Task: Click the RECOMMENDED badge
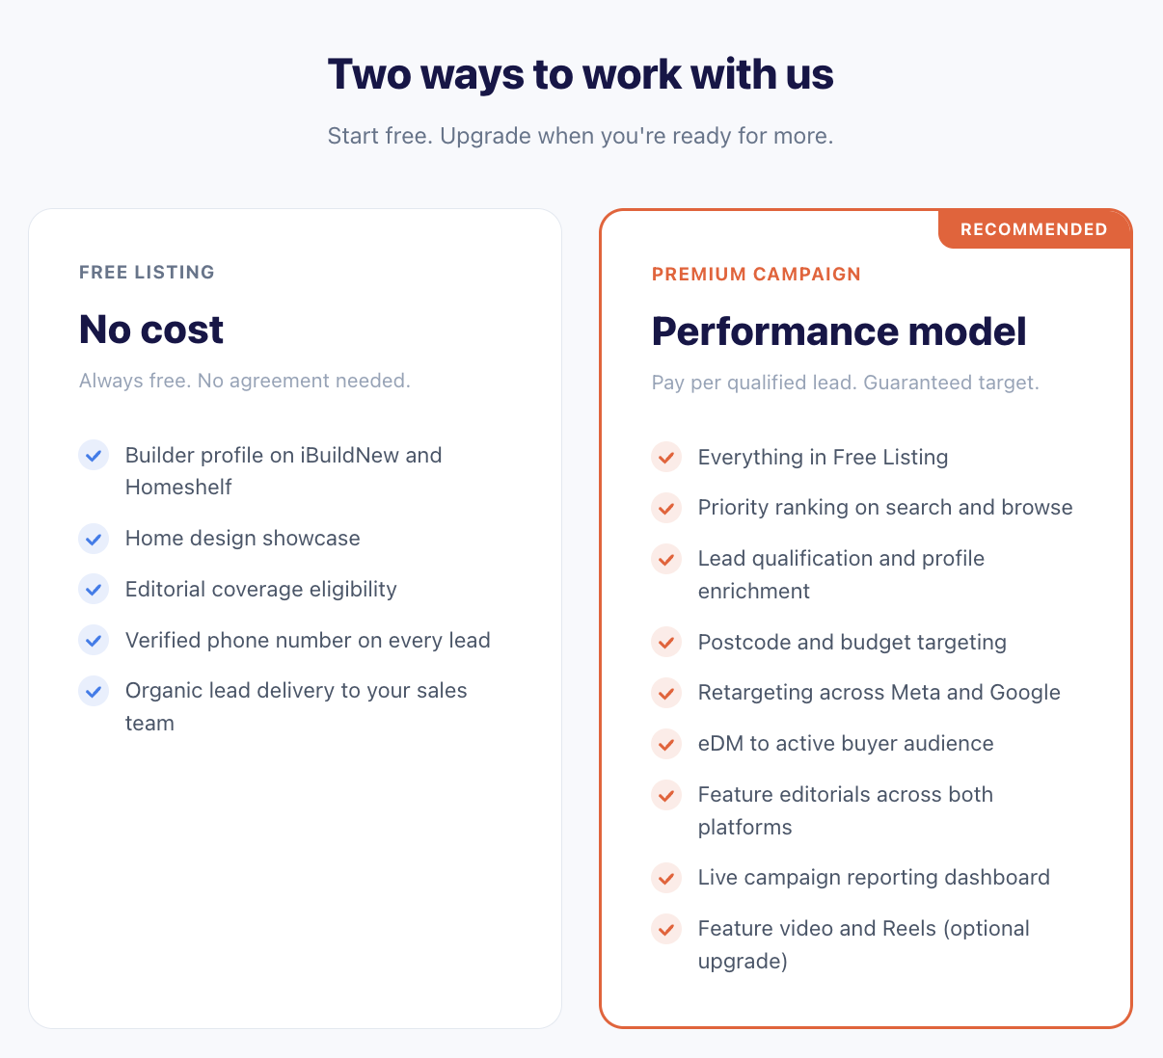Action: [x=1034, y=229]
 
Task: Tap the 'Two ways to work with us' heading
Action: [x=581, y=74]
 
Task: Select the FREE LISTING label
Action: [x=147, y=272]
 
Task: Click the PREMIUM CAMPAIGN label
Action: [x=756, y=274]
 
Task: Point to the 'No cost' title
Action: [x=151, y=330]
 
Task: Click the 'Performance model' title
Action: [x=839, y=331]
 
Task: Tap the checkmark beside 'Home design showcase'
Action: [x=94, y=539]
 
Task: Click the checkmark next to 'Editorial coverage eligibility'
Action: [x=94, y=589]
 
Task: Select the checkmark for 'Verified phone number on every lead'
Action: [x=94, y=640]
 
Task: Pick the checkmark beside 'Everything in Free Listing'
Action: [x=666, y=457]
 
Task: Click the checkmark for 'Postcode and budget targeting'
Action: [x=666, y=642]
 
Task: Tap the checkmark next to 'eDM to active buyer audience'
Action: [x=666, y=744]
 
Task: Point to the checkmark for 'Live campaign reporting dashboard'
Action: [x=666, y=878]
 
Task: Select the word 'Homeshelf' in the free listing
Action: [x=178, y=488]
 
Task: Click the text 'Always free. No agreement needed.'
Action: [x=245, y=381]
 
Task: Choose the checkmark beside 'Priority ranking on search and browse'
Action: [x=666, y=508]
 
